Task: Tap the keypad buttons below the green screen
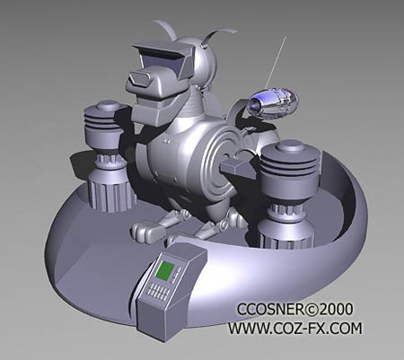pos(158,293)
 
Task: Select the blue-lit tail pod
pos(271,102)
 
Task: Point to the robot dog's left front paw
pos(145,232)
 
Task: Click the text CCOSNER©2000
pos(288,310)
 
